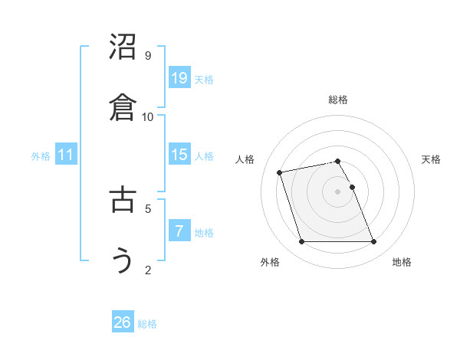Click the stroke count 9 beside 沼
(x=148, y=56)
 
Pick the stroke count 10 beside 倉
(x=148, y=117)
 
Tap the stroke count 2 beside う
(x=148, y=270)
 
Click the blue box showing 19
(x=179, y=78)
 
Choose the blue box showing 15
(x=179, y=155)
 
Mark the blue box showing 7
(x=179, y=231)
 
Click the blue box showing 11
(x=66, y=155)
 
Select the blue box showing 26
(x=123, y=322)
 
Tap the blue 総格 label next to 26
(x=147, y=324)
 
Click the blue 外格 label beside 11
(x=41, y=156)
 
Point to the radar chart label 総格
(x=338, y=100)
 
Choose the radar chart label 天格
(x=432, y=159)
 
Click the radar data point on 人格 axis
(x=280, y=172)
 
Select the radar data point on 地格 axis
(x=373, y=242)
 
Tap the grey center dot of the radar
(x=338, y=191)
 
